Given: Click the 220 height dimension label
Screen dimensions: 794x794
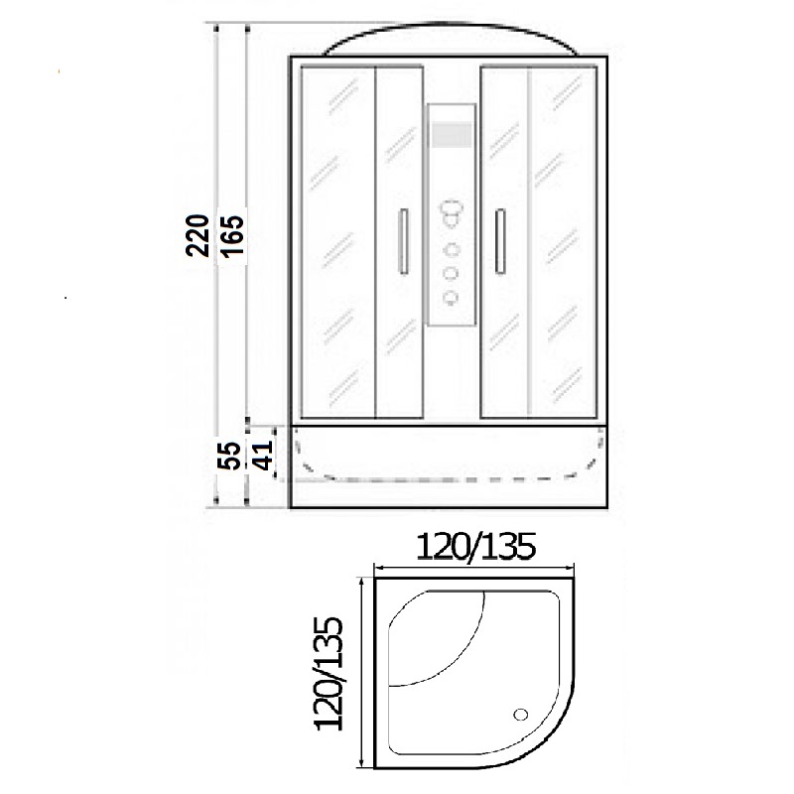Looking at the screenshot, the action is tap(198, 236).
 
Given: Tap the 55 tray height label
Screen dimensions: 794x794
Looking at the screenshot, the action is tap(231, 456).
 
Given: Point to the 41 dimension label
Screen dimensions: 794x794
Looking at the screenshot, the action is tap(263, 456).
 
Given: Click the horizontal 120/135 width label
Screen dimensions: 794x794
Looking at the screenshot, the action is tap(475, 548).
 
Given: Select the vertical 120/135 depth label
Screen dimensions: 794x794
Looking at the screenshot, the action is tap(330, 674).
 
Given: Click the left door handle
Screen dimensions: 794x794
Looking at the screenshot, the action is tap(404, 241).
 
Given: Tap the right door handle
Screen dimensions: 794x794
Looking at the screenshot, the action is tap(500, 241).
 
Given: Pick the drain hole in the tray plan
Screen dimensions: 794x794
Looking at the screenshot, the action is tap(520, 715).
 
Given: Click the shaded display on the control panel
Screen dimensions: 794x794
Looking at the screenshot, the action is tap(451, 134).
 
